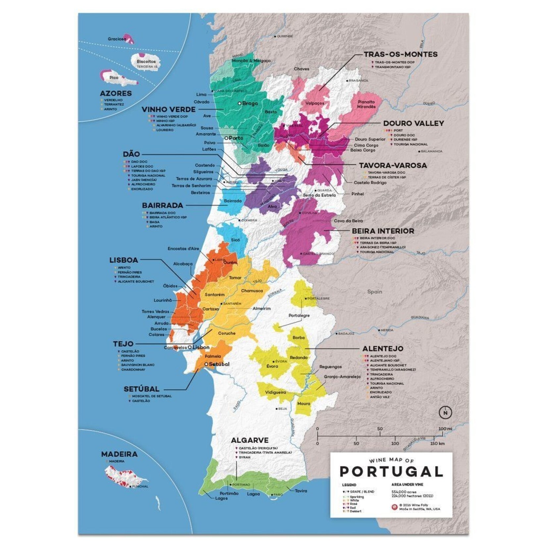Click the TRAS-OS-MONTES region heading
(x=401, y=54)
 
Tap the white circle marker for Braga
(x=239, y=103)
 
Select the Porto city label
(x=236, y=138)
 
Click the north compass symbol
(x=445, y=413)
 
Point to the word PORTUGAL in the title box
(x=391, y=472)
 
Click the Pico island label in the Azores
(x=114, y=77)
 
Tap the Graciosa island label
(x=117, y=39)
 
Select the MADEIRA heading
(x=119, y=454)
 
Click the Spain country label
(x=374, y=292)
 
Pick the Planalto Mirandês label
(x=366, y=104)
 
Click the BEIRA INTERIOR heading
(x=383, y=231)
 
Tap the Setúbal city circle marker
(x=206, y=364)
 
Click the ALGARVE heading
(x=250, y=440)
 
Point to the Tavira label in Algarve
(x=301, y=491)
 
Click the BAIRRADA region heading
(x=163, y=205)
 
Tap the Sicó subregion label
(x=235, y=240)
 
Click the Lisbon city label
(x=201, y=347)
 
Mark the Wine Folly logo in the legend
(x=394, y=507)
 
